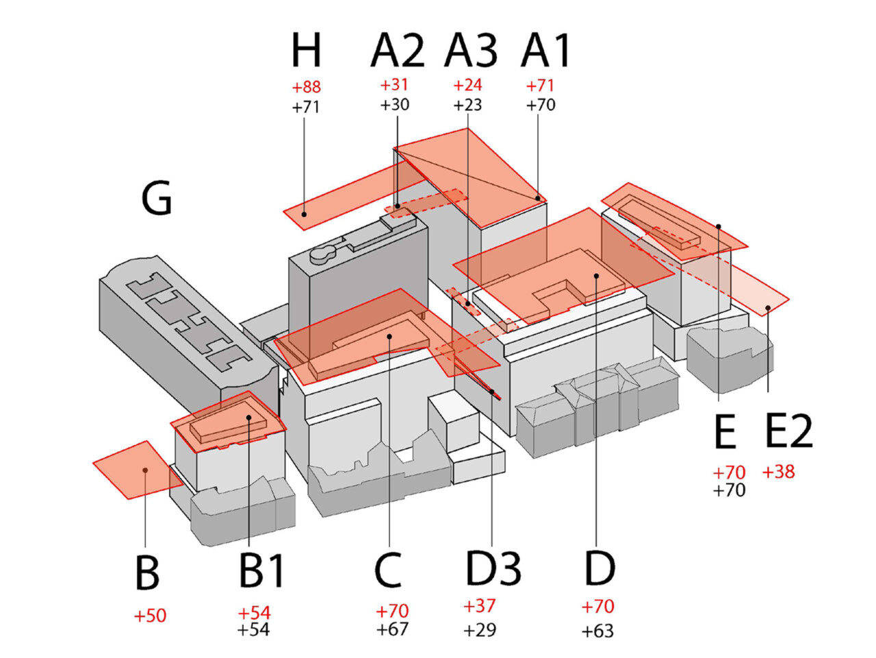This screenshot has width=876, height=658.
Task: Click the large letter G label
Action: [x=157, y=198]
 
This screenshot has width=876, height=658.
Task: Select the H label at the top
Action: [x=306, y=50]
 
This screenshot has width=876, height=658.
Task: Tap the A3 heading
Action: [x=471, y=50]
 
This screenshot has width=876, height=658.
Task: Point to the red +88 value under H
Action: [x=306, y=87]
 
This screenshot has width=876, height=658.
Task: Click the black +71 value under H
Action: [x=306, y=107]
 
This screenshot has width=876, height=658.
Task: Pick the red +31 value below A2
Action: [x=394, y=85]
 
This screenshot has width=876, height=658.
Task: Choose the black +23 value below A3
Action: [x=467, y=105]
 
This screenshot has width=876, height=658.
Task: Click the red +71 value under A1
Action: [x=540, y=85]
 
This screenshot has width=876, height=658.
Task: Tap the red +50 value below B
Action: [x=150, y=616]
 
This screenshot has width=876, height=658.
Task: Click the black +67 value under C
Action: [x=392, y=629]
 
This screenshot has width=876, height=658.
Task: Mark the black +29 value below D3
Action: [x=480, y=630]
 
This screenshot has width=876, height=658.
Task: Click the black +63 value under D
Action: [x=597, y=631]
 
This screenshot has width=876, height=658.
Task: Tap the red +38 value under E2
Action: [x=778, y=472]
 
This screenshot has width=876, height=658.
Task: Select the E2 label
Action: [x=788, y=431]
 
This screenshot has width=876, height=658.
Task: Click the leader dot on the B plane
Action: [x=145, y=470]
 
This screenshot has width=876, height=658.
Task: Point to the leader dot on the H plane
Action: [x=304, y=214]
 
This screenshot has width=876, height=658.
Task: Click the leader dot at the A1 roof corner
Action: [x=537, y=198]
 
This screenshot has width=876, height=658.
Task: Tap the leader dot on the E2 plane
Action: [x=767, y=307]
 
